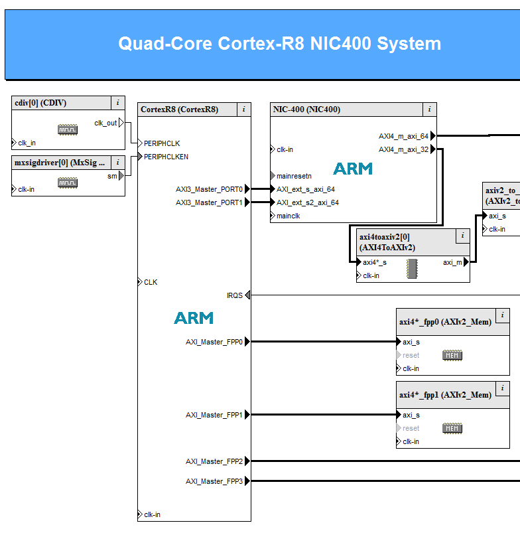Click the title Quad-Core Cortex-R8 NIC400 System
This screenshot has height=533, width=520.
pos(279,44)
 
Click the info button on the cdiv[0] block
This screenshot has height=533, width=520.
pos(117,103)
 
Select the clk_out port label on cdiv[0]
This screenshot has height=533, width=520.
pos(105,123)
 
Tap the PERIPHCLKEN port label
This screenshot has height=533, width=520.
pos(166,157)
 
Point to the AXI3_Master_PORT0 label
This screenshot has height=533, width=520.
pos(209,189)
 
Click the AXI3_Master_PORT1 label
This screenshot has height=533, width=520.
pos(209,202)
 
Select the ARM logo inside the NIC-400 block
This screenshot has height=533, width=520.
pos(352,169)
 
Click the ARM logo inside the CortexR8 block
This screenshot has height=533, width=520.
pos(194,318)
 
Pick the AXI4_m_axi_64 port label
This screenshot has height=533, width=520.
pos(403,136)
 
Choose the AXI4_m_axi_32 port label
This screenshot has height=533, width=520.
pos(403,149)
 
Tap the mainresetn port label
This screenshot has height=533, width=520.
pos(294,176)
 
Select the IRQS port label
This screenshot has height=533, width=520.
pos(235,295)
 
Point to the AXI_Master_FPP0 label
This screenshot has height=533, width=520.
pos(214,342)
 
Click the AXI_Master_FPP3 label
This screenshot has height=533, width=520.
pos(214,481)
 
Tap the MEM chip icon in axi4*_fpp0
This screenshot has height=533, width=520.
pos(452,356)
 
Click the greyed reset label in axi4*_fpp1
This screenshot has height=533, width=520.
pos(411,428)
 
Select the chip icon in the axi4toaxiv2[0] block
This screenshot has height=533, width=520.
pos(413,268)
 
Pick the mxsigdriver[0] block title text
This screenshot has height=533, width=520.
pos(60,163)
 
